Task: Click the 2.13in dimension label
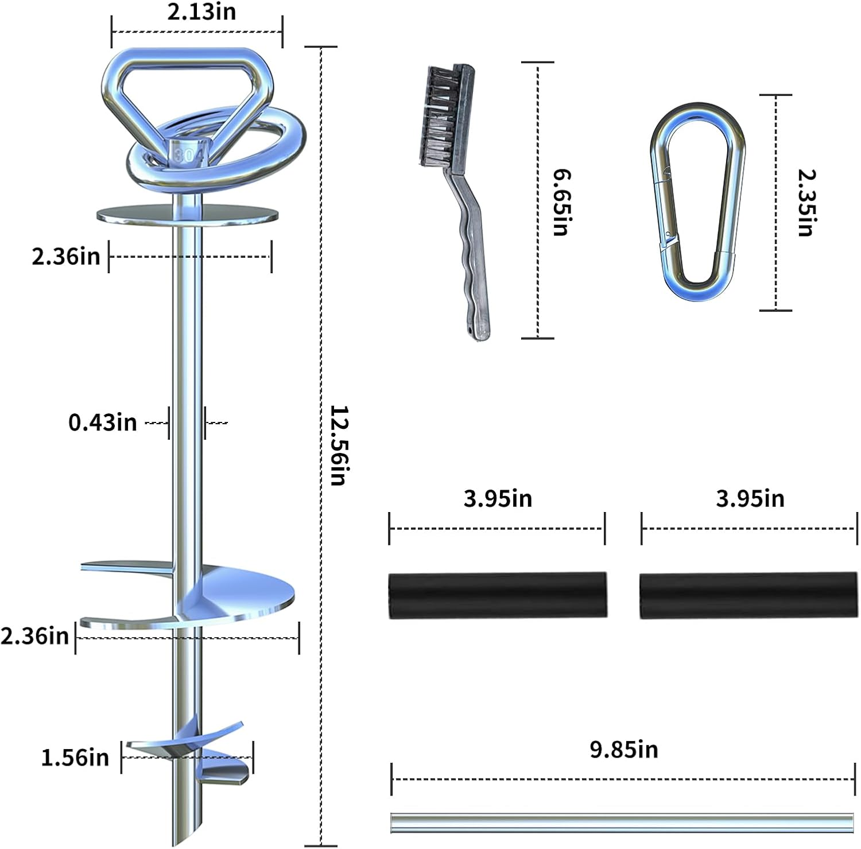[201, 12]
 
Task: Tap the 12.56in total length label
[339, 445]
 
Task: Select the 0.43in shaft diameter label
[103, 422]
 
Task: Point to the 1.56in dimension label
[75, 758]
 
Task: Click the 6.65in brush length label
[561, 202]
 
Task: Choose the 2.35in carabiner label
[806, 203]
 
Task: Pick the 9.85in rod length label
[624, 750]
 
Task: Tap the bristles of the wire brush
[438, 118]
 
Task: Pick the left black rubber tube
[497, 595]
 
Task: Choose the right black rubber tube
[748, 595]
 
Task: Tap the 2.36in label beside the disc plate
[65, 257]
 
